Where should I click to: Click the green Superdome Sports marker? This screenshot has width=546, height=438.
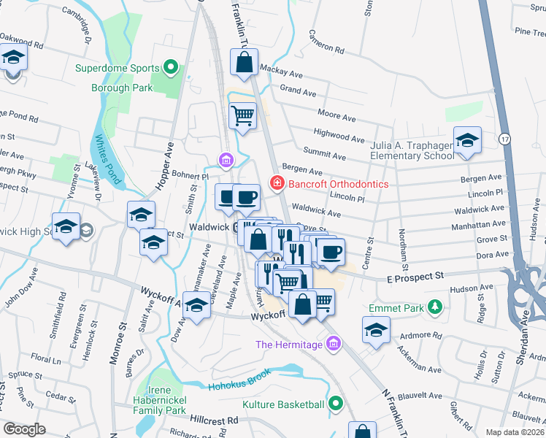172,69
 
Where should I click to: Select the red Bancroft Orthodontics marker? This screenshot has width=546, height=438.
277,183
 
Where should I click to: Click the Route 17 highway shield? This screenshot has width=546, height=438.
504,138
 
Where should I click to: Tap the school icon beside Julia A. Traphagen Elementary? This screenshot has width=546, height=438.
467,141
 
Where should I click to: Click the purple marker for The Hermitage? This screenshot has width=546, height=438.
334,342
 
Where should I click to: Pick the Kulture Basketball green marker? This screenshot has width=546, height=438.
335,402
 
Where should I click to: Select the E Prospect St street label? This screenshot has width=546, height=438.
415,277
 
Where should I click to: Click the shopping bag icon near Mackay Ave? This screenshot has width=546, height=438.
245,64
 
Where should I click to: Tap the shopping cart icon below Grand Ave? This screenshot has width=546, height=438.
243,115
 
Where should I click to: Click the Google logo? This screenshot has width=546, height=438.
24,429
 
